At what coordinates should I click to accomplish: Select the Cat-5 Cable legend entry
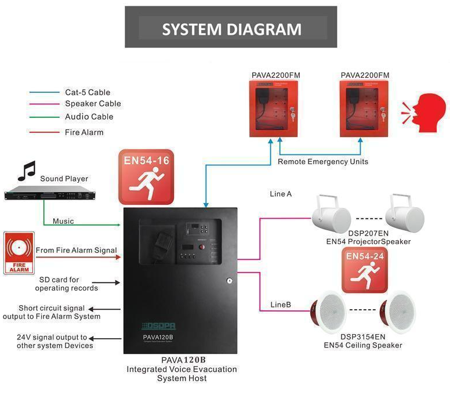tap(87, 92)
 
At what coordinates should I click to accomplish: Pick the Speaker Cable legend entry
tap(93, 104)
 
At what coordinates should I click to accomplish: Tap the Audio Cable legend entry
tap(89, 117)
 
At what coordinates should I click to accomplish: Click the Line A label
tap(281, 194)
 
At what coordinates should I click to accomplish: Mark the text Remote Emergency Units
tap(322, 161)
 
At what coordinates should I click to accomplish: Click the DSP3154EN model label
tap(362, 336)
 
